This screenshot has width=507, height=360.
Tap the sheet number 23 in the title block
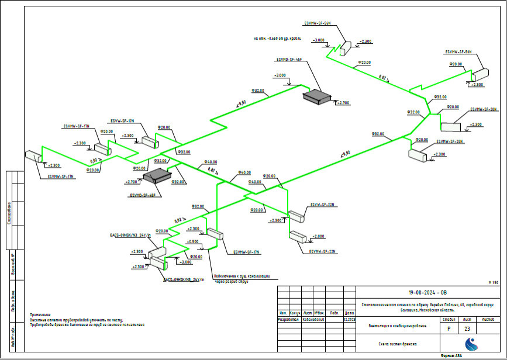click(x=467, y=329)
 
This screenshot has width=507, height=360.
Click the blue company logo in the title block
click(x=471, y=344)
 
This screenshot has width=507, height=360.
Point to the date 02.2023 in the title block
click(x=350, y=320)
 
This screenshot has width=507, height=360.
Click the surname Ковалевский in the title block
click(x=313, y=320)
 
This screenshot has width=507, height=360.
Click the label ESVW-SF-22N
click(x=322, y=205)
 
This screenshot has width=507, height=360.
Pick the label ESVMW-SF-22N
click(x=322, y=251)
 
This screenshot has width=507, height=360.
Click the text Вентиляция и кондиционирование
click(x=397, y=326)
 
